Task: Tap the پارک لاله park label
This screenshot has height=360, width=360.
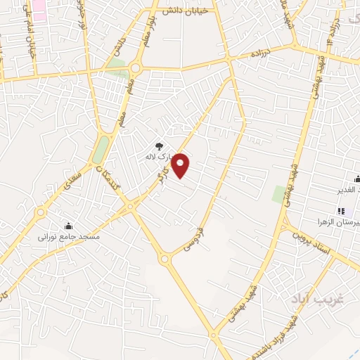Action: pyautogui.click(x=159, y=157)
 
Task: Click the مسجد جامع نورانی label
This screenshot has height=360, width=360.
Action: pyautogui.click(x=70, y=238)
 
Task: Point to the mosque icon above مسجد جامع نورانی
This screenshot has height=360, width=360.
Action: pyautogui.click(x=69, y=226)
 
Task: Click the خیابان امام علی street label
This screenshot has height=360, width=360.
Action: pyautogui.click(x=31, y=38)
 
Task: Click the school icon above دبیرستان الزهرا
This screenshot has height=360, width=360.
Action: pyautogui.click(x=341, y=211)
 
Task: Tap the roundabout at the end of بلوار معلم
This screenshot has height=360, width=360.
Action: pyautogui.click(x=135, y=68)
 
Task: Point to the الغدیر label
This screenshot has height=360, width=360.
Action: pyautogui.click(x=347, y=190)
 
